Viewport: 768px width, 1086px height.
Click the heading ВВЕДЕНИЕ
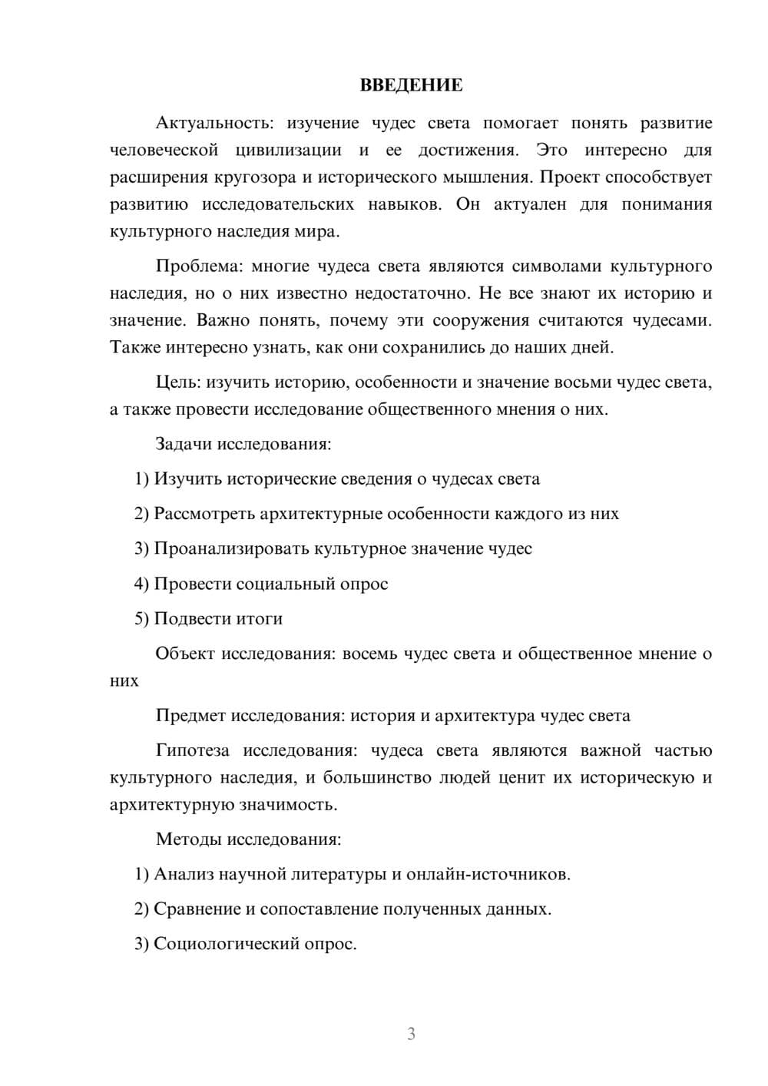tap(411, 85)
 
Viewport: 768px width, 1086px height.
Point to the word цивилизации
tap(288, 150)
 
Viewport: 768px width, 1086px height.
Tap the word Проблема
tap(198, 267)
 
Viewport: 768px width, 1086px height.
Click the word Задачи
tap(184, 444)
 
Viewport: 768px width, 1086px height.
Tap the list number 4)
tap(141, 584)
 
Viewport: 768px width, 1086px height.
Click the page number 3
tap(411, 1034)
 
